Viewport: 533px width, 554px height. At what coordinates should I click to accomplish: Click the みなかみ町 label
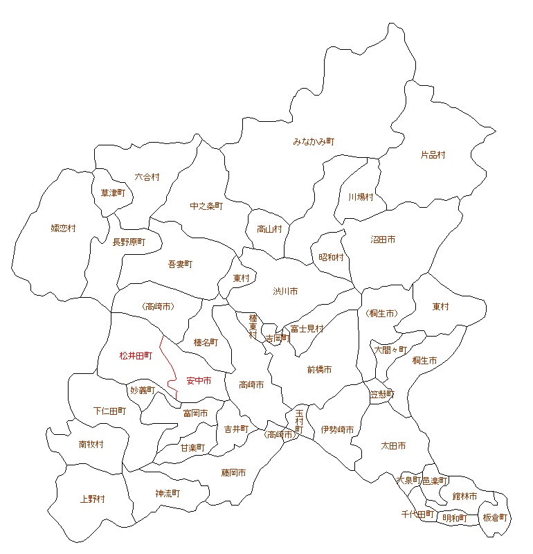pyautogui.click(x=314, y=141)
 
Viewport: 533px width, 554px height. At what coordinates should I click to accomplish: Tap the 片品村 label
pyautogui.click(x=433, y=155)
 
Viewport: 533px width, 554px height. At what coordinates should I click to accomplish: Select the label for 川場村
pyautogui.click(x=361, y=197)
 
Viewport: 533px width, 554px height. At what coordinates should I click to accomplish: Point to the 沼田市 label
pyautogui.click(x=383, y=240)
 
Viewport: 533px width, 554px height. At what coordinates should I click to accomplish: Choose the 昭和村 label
pyautogui.click(x=331, y=257)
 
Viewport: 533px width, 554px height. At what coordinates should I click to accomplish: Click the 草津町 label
pyautogui.click(x=112, y=193)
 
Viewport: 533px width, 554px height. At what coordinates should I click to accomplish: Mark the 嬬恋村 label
pyautogui.click(x=63, y=228)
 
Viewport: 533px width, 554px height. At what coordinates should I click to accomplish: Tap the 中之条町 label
pyautogui.click(x=206, y=206)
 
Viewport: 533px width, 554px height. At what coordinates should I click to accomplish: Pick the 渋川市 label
pyautogui.click(x=285, y=292)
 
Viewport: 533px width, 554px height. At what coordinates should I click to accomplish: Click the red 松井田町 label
pyautogui.click(x=135, y=355)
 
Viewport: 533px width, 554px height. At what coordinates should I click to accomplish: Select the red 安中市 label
pyautogui.click(x=199, y=381)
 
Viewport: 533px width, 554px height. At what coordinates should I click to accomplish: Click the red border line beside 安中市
pyautogui.click(x=166, y=360)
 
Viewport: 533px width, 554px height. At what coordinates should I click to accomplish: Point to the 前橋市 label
pyautogui.click(x=319, y=370)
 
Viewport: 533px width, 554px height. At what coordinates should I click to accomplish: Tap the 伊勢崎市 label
pyautogui.click(x=337, y=430)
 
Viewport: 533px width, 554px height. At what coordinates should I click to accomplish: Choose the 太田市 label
pyautogui.click(x=393, y=445)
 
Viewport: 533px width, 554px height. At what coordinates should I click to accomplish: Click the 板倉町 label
pyautogui.click(x=495, y=517)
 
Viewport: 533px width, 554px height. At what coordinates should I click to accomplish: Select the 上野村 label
pyautogui.click(x=92, y=499)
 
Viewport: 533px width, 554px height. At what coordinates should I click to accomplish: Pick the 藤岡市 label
pyautogui.click(x=233, y=473)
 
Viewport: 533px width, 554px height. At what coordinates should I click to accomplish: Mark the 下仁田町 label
pyautogui.click(x=109, y=411)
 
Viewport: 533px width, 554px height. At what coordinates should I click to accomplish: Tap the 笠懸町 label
pyautogui.click(x=381, y=394)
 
